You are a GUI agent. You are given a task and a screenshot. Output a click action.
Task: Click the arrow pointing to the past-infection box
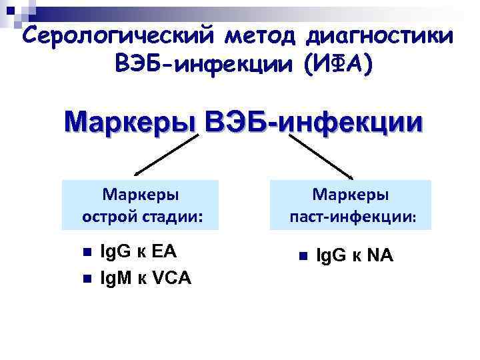point(321,156)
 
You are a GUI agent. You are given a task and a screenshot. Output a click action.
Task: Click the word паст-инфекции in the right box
point(353,217)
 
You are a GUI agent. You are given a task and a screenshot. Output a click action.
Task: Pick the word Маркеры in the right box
point(351,195)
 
